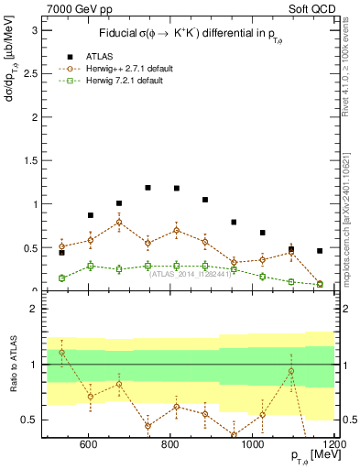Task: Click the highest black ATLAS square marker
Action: tap(147, 188)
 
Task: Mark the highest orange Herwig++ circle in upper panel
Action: tap(119, 222)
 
